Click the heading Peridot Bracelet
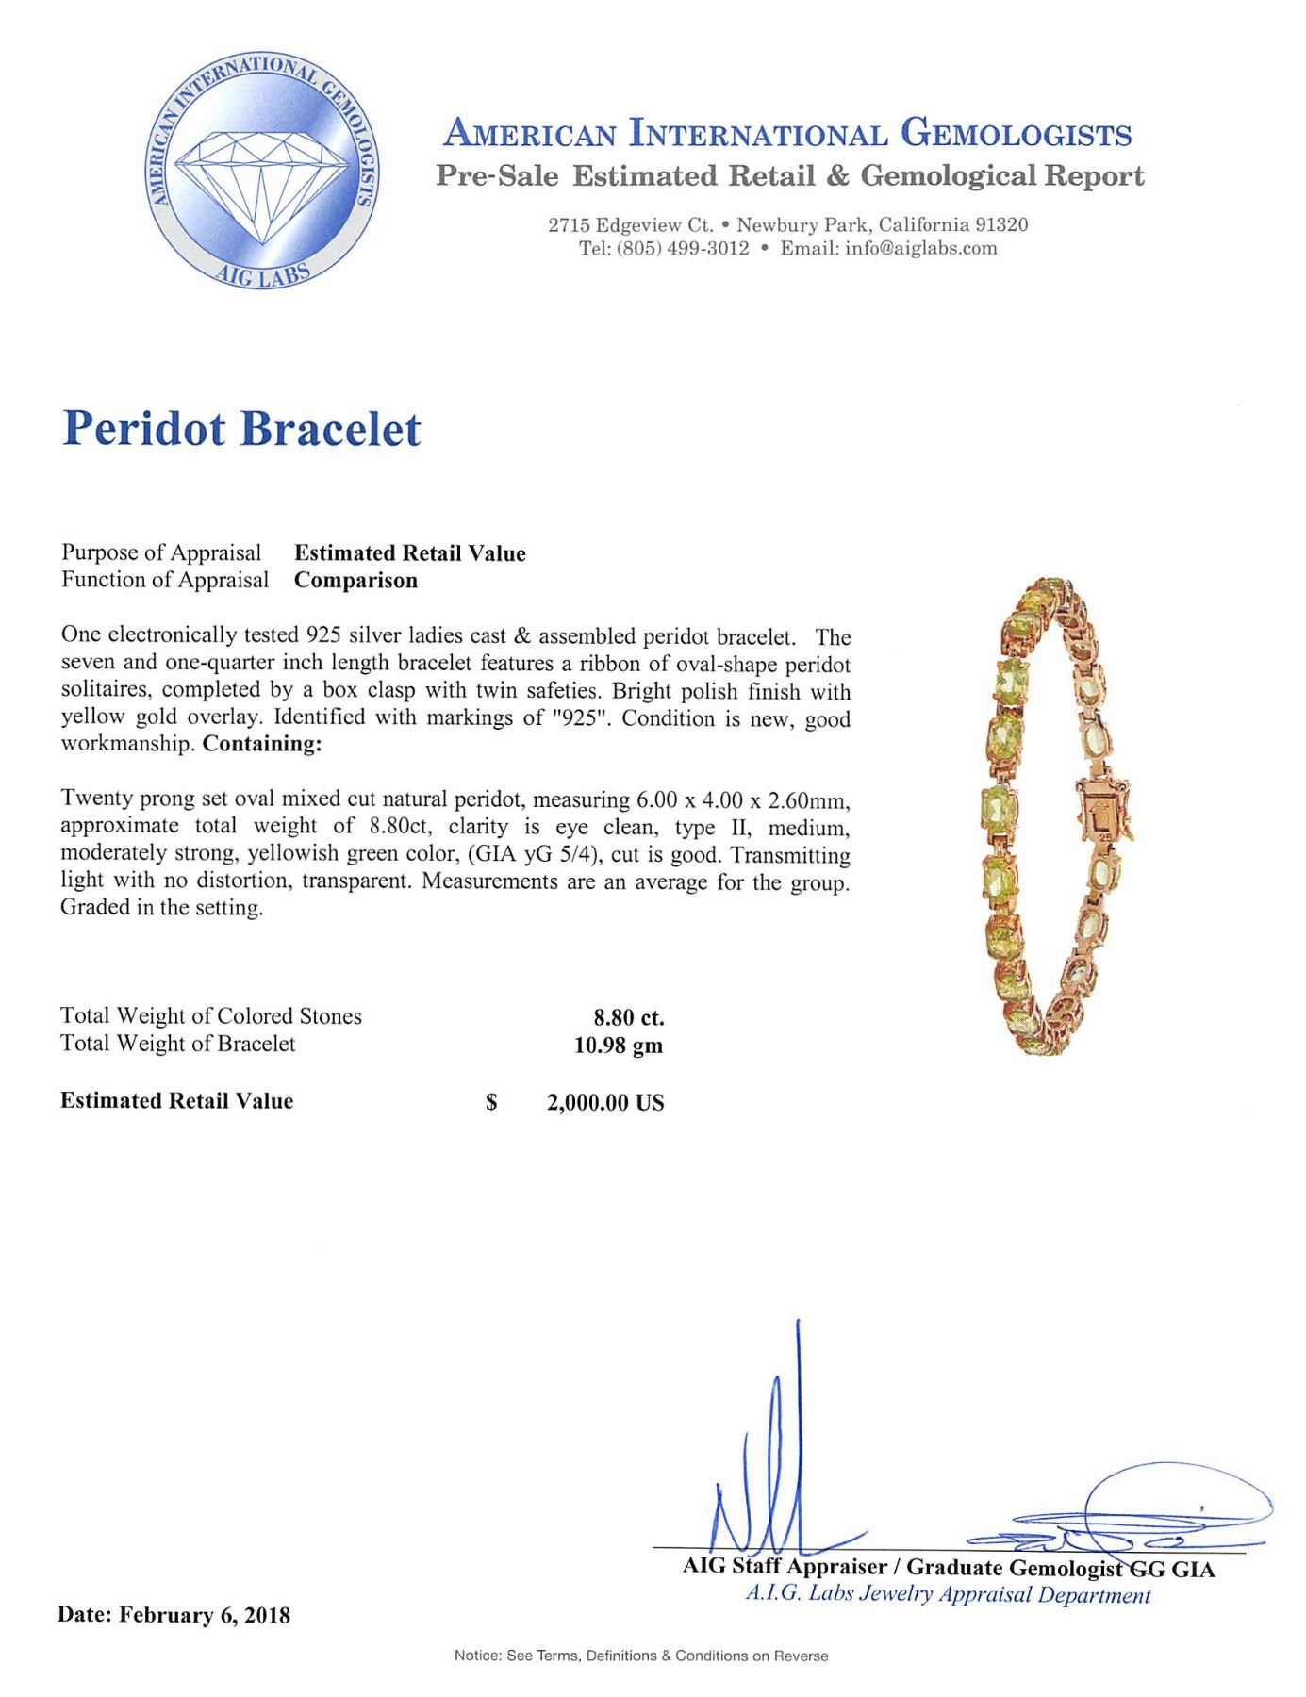[x=241, y=429]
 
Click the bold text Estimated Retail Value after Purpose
[x=410, y=553]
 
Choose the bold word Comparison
[x=355, y=581]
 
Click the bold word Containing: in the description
[x=262, y=744]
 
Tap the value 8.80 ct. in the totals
[x=628, y=1017]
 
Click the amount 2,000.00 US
[x=605, y=1102]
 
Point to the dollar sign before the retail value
[x=491, y=1102]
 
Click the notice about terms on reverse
[x=641, y=1656]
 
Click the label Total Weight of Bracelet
[x=178, y=1044]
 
